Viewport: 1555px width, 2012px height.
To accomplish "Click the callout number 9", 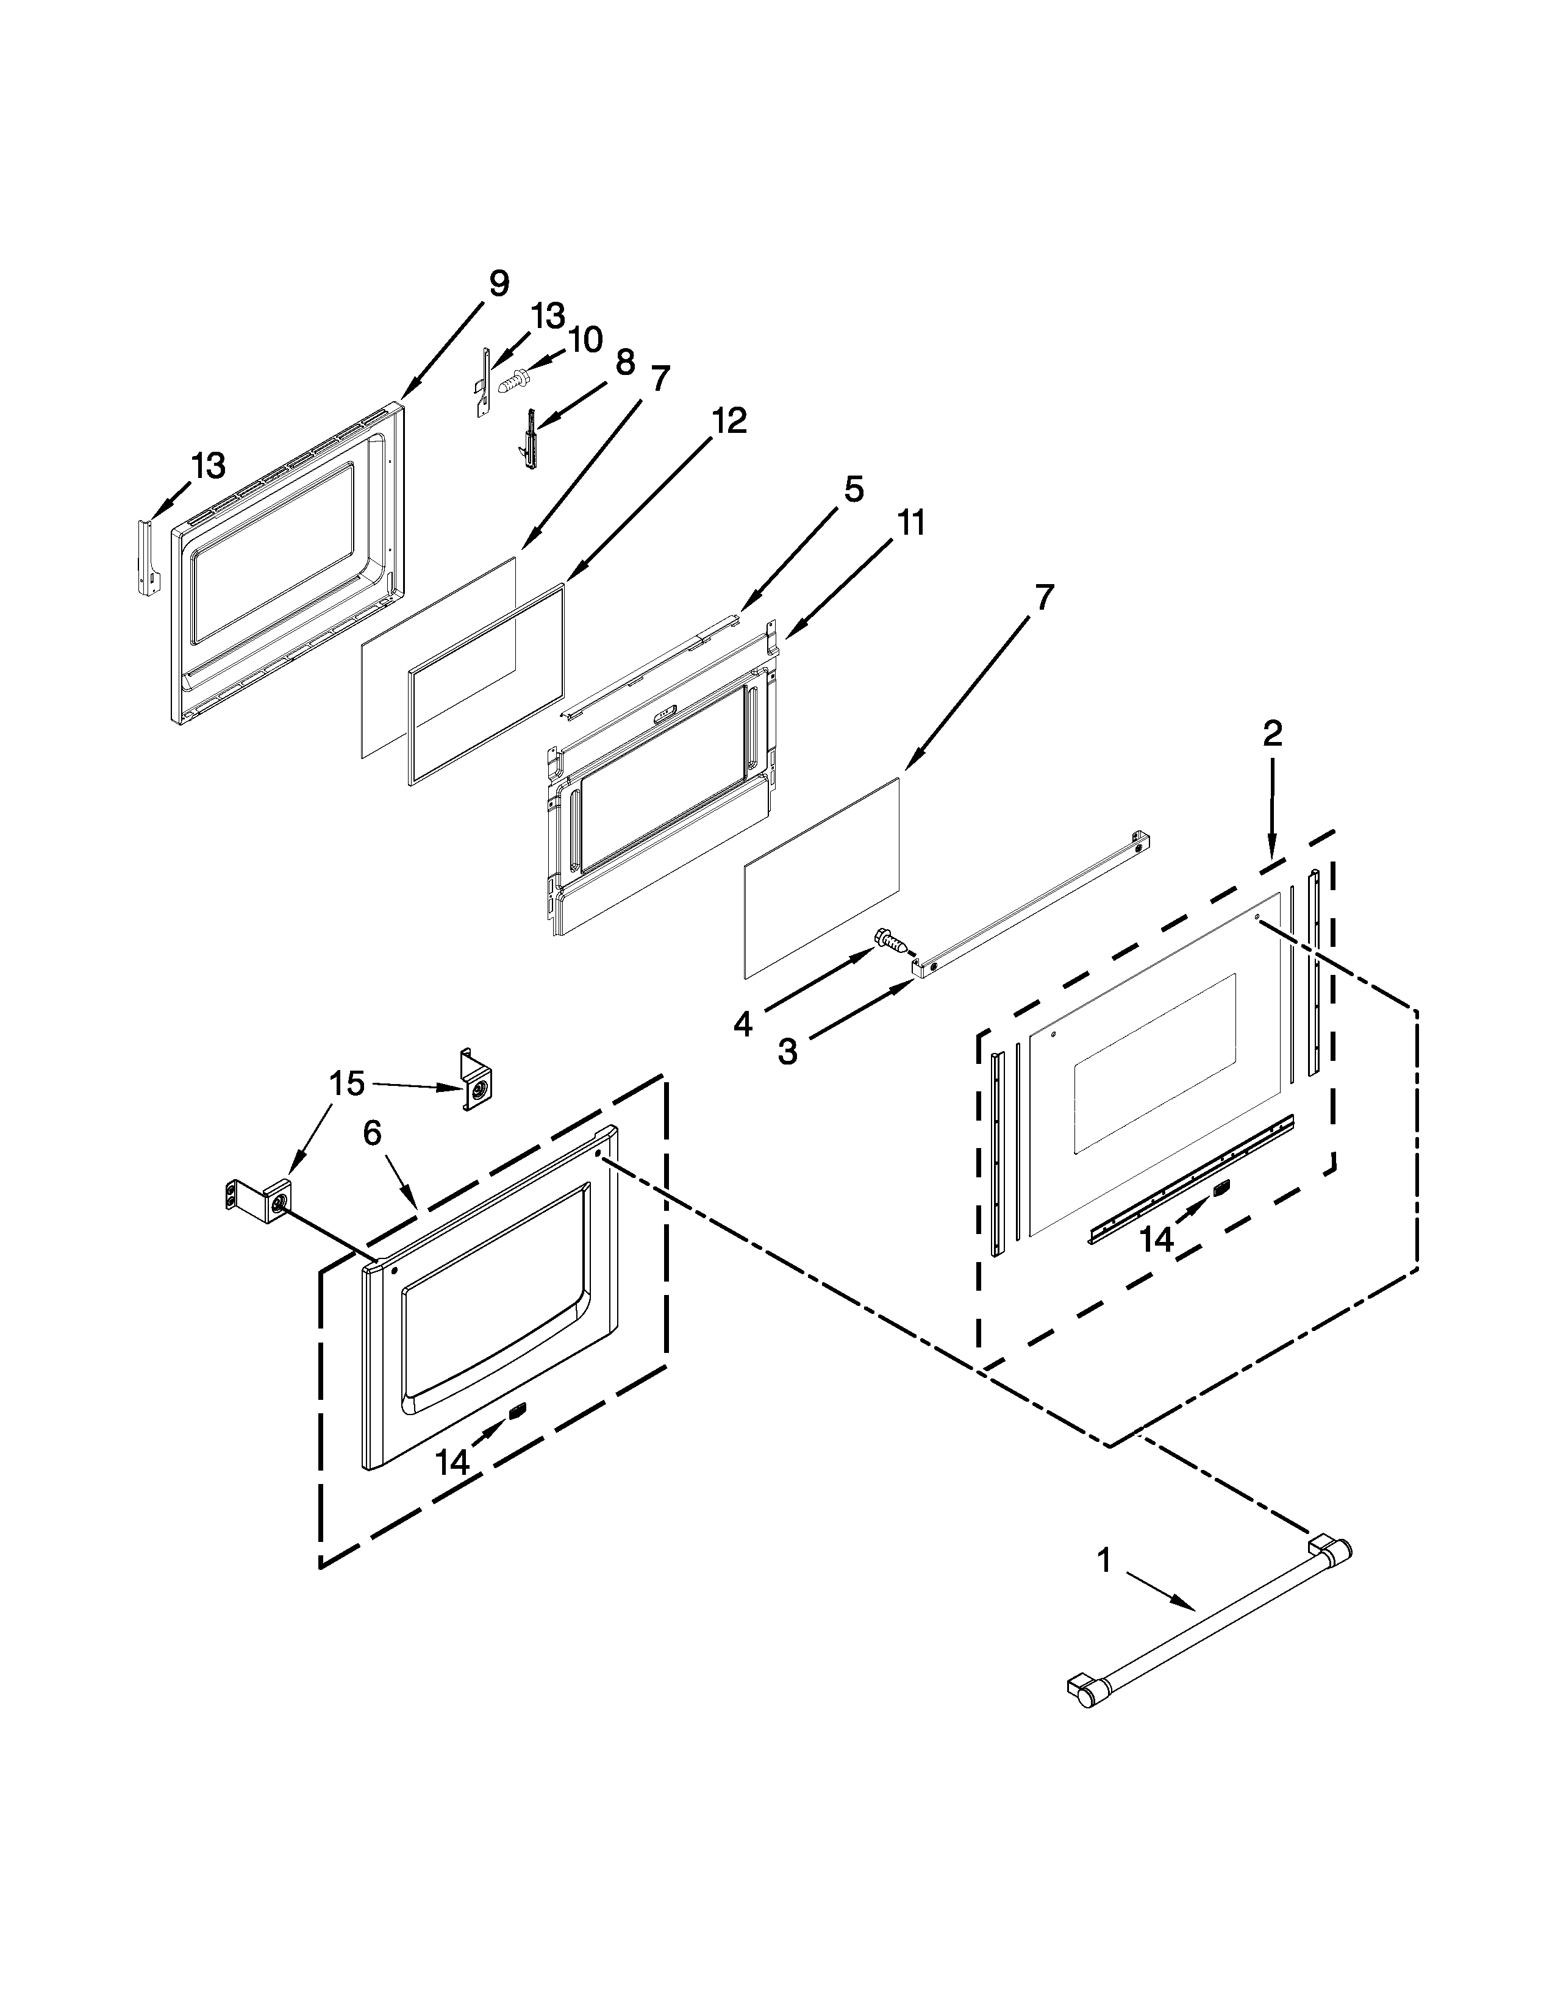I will (x=498, y=283).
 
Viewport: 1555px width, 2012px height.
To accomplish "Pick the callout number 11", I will (x=910, y=523).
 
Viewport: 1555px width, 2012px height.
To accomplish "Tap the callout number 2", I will (x=1271, y=733).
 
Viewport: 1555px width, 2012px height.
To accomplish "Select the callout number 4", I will (x=743, y=1024).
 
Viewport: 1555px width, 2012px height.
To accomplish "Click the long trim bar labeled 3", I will (x=1032, y=902).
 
